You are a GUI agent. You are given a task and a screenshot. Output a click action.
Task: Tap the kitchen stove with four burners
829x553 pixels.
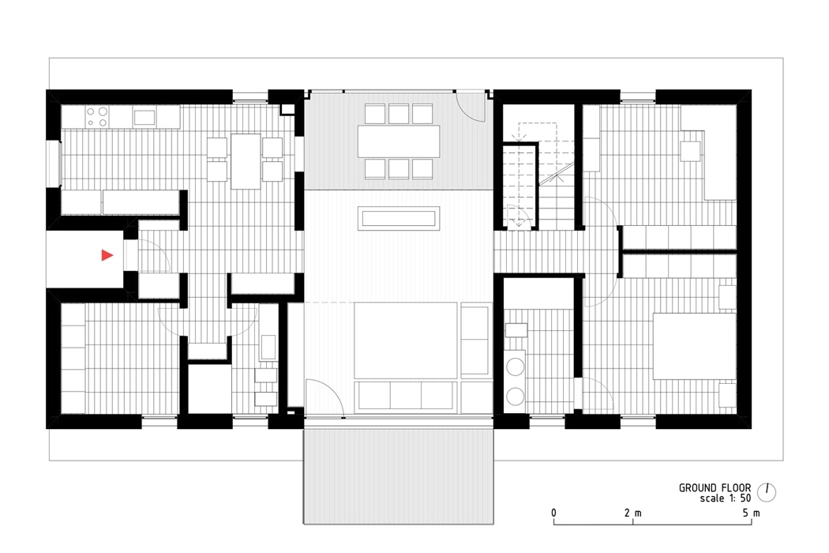tap(97, 117)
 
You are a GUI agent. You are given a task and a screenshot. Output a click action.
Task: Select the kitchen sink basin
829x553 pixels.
tap(144, 118)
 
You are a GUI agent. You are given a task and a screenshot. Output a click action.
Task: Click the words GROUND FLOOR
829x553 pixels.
tap(715, 487)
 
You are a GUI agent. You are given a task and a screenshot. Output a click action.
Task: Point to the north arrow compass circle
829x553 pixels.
tap(767, 491)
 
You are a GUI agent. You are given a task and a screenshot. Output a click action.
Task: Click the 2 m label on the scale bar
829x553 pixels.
tap(632, 513)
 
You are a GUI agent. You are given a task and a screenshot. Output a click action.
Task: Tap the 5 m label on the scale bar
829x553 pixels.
tap(751, 513)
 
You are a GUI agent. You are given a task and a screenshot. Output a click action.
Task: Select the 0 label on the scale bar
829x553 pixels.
tap(554, 513)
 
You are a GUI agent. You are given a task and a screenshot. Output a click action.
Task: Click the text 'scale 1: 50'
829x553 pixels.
tap(724, 499)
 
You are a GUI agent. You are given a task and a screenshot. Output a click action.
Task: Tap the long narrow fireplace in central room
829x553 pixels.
tap(399, 217)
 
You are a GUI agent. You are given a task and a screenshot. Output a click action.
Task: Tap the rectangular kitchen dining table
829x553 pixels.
tap(245, 160)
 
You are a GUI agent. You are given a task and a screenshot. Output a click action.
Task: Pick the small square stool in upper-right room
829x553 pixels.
tap(692, 150)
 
